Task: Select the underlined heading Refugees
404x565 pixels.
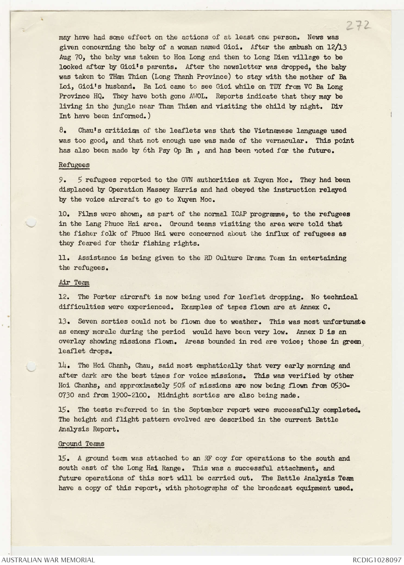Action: click(x=74, y=165)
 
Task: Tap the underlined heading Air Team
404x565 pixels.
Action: click(x=74, y=282)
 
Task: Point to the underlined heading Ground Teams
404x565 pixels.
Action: click(x=81, y=444)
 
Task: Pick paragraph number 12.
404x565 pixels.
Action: click(x=63, y=297)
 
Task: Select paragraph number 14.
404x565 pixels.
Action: click(x=63, y=365)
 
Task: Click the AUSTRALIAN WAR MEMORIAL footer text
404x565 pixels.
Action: click(x=48, y=560)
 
